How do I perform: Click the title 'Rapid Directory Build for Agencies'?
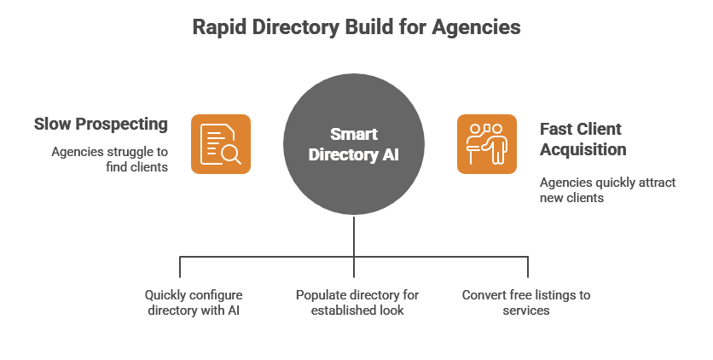356,27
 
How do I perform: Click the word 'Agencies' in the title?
478,27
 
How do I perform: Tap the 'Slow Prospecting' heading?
101,125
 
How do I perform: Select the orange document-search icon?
220,143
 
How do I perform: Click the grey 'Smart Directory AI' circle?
353,144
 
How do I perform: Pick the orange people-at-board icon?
486,143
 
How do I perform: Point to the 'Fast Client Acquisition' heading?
580,139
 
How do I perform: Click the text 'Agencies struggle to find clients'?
109,159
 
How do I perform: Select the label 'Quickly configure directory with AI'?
192,303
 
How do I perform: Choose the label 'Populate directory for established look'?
357,303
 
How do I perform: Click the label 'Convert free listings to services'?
526,303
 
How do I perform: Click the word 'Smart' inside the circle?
353,134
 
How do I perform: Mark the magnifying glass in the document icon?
230,154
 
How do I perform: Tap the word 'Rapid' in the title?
214,27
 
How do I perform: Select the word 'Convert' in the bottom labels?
484,295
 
